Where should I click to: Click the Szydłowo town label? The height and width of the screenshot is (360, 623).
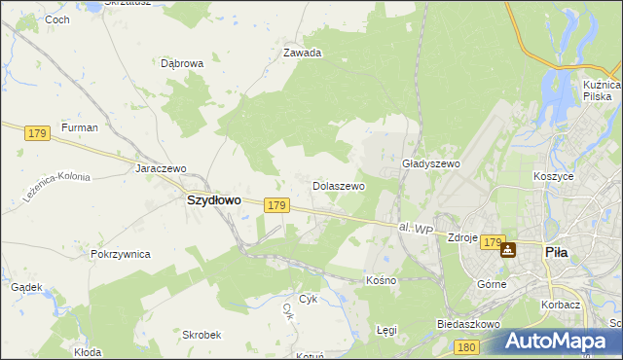(x=213, y=199)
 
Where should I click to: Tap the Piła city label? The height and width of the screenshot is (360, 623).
(x=556, y=250)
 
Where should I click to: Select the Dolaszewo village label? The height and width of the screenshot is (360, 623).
(x=338, y=185)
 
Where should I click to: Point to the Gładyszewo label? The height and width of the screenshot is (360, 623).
(x=430, y=164)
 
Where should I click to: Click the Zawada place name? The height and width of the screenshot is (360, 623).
(x=302, y=54)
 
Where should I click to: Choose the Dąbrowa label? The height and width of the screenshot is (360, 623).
(x=182, y=63)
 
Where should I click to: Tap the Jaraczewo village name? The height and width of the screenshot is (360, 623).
(x=161, y=167)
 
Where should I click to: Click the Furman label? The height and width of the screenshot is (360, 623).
(x=79, y=127)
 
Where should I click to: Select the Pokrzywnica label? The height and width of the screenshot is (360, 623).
(x=120, y=254)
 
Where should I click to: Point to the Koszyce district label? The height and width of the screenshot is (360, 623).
(x=553, y=176)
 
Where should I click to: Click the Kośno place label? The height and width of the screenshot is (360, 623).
(x=382, y=280)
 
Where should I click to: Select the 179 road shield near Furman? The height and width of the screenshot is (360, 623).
(x=39, y=133)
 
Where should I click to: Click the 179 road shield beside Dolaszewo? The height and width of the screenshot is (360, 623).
(x=276, y=205)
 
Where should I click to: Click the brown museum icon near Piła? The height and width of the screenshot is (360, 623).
(x=507, y=250)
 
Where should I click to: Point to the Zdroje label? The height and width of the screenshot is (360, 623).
(x=461, y=236)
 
